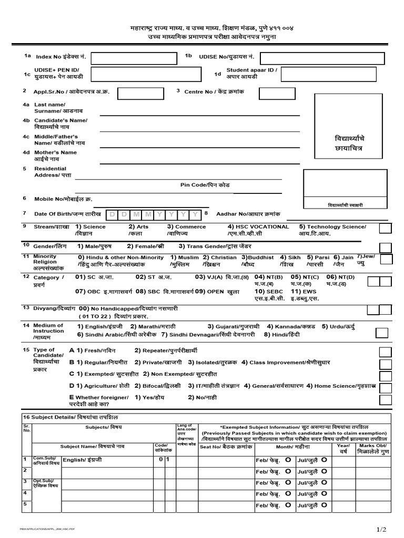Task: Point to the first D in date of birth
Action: coord(112,215)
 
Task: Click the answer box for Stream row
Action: coord(385,228)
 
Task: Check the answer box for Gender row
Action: coord(385,247)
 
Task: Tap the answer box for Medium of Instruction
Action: coord(382,333)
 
